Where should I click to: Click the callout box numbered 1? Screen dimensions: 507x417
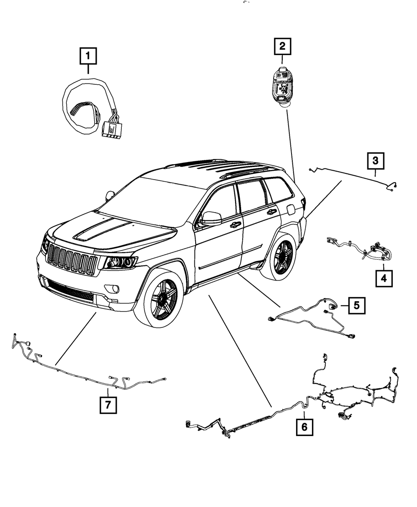88,56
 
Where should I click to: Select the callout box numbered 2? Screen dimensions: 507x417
282,46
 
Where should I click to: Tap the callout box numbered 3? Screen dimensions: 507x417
375,160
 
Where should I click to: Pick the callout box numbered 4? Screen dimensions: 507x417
384,277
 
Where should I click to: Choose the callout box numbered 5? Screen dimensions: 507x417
356,305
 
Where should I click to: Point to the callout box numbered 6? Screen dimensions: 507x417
304,426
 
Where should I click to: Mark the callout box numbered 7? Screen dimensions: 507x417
108,404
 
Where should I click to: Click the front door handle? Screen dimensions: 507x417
235,225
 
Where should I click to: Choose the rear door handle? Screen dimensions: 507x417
271,212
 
